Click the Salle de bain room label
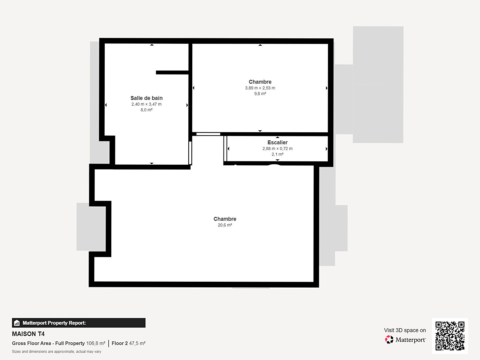[x=147, y=98]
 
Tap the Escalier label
[x=278, y=143]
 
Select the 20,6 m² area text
[x=225, y=225]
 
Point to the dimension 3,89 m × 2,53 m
[x=260, y=88]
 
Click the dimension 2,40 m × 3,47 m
[x=147, y=104]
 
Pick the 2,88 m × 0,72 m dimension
[x=278, y=149]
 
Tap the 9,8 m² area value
[x=260, y=94]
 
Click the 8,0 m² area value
[x=147, y=110]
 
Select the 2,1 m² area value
[x=278, y=154]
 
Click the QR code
[x=450, y=336]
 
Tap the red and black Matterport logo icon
[x=389, y=339]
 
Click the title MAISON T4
[x=28, y=334]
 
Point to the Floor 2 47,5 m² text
[x=129, y=343]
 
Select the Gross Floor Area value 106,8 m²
[x=96, y=343]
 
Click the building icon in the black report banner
[x=17, y=323]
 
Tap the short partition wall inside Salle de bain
[x=172, y=73]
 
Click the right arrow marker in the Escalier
[x=326, y=149]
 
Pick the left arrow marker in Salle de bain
[x=106, y=105]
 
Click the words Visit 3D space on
[x=405, y=330]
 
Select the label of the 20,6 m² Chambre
[x=225, y=219]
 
